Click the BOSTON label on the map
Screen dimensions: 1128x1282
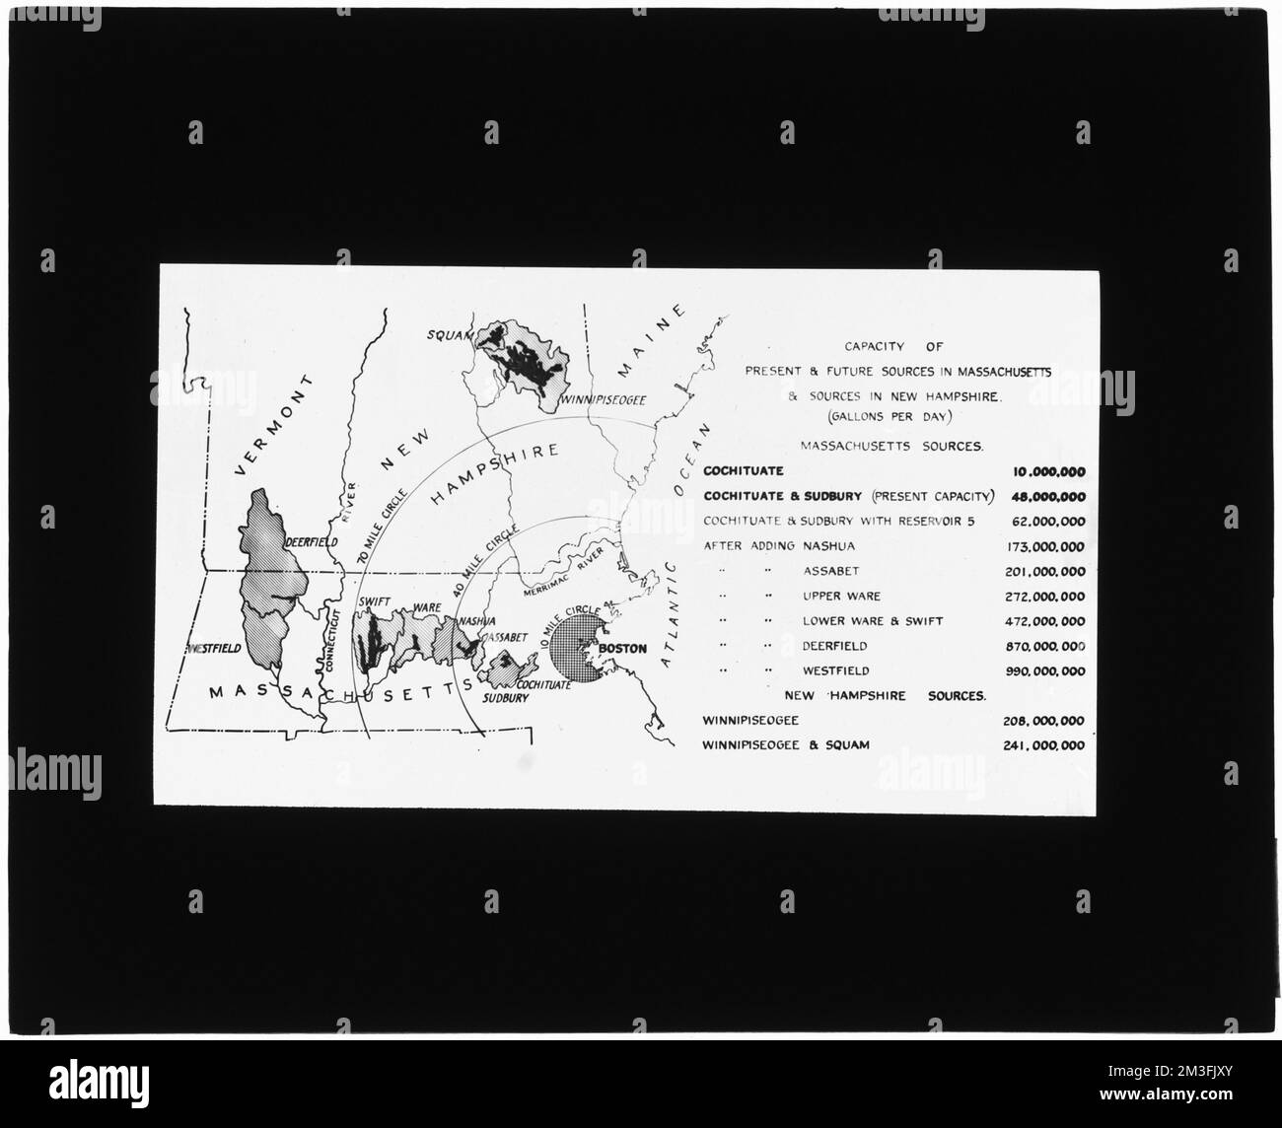(623, 649)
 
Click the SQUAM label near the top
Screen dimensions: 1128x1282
(446, 334)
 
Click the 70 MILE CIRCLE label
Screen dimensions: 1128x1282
(378, 531)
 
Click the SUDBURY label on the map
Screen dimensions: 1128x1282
(507, 697)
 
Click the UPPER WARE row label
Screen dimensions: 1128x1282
(841, 597)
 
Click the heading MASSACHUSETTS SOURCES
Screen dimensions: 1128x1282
(890, 447)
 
